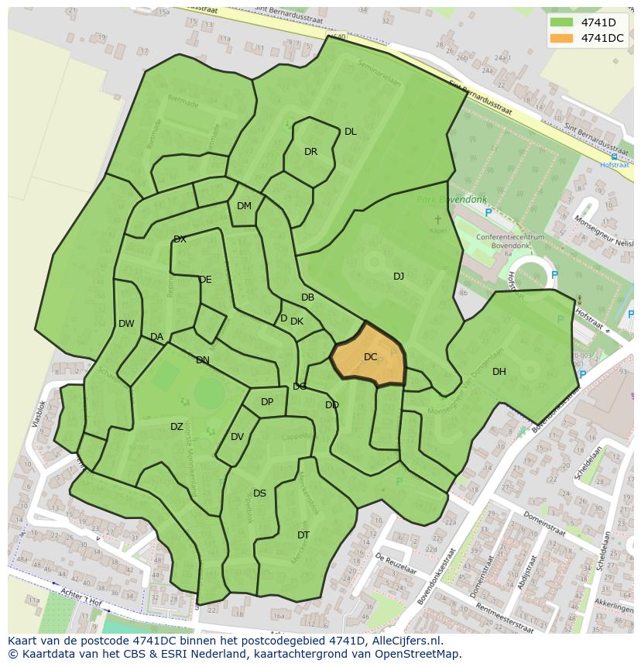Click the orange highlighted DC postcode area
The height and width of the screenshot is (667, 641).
click(x=369, y=357)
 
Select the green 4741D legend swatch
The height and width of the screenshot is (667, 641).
click(x=562, y=22)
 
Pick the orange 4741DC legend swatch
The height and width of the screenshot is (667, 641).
click(x=562, y=38)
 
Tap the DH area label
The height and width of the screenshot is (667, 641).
click(x=499, y=372)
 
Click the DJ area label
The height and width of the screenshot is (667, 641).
click(x=399, y=277)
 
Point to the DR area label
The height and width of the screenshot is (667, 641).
click(x=310, y=152)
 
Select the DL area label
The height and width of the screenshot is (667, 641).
click(x=351, y=132)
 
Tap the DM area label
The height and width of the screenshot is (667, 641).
click(x=244, y=206)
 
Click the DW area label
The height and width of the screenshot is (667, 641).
click(x=126, y=324)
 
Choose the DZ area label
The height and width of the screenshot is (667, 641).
click(x=177, y=427)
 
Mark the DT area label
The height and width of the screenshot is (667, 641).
click(x=303, y=535)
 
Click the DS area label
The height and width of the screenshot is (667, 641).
click(x=259, y=493)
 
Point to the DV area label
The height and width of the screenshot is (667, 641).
click(x=237, y=437)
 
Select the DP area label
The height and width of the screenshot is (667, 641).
click(x=267, y=402)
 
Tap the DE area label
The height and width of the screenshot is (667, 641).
click(x=205, y=280)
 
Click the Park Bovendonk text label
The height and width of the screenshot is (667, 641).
click(x=444, y=200)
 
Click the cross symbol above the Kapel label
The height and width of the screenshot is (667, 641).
click(x=438, y=220)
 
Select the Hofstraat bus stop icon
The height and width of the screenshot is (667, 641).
click(x=614, y=156)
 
